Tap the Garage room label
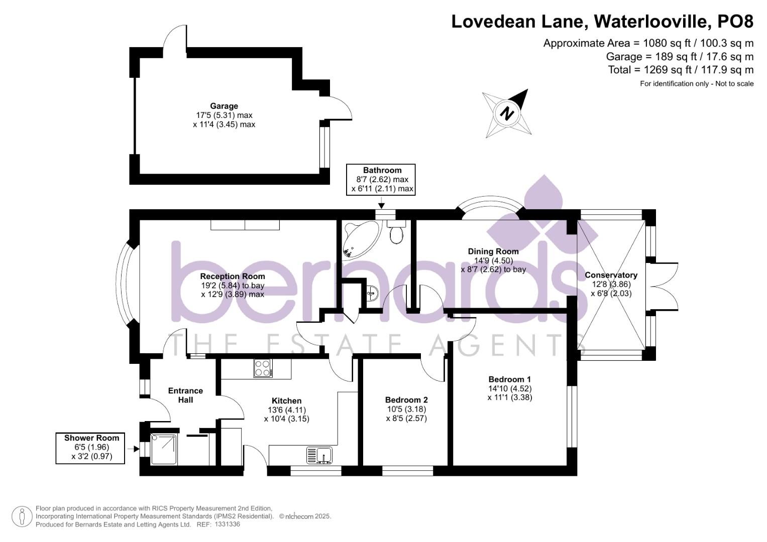(x=224, y=106)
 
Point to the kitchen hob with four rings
(x=263, y=368)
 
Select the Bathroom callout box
(x=382, y=179)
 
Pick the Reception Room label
(x=233, y=276)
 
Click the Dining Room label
(x=493, y=251)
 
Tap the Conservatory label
(x=611, y=275)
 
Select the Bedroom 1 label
(x=509, y=379)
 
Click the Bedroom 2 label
(x=406, y=400)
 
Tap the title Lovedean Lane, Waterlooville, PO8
(x=602, y=21)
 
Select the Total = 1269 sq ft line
(x=681, y=70)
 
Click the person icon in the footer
(x=22, y=517)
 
